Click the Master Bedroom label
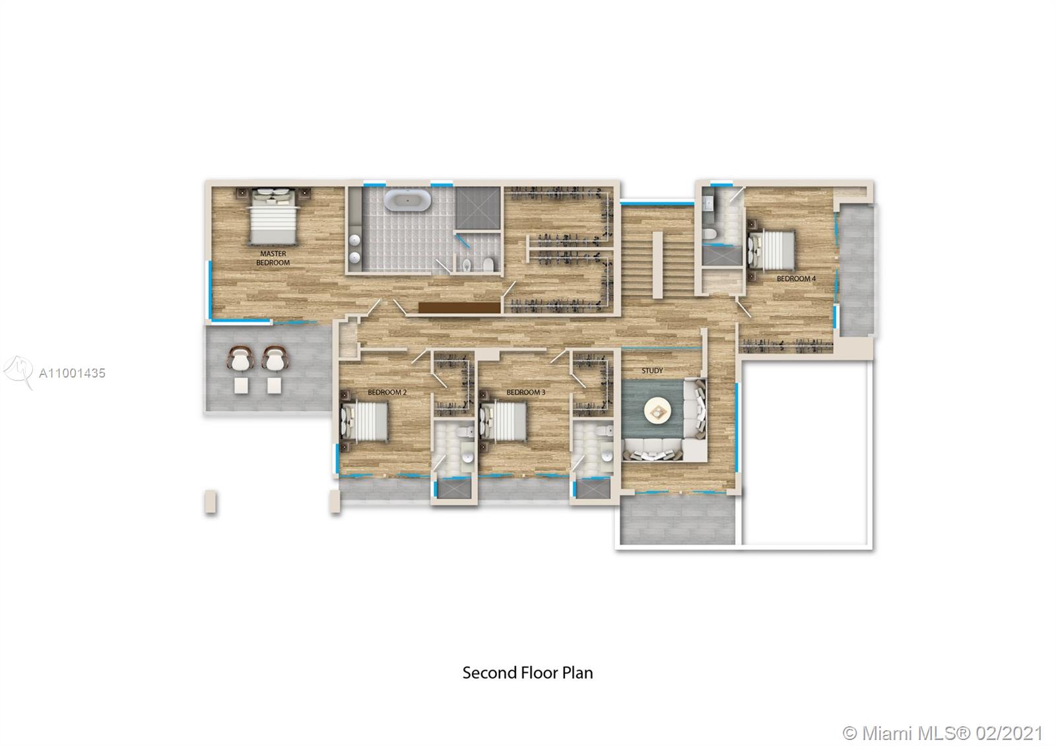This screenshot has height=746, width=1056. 273,258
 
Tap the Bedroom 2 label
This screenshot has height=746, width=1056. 387,393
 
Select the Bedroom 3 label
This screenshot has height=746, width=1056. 525,393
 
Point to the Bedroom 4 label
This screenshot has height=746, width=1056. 796,279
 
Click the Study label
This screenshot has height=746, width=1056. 652,371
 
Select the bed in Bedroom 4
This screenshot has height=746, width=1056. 770,251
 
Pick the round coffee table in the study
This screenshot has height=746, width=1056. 657,412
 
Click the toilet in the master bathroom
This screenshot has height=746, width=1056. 488,265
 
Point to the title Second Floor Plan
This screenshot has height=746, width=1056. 527,673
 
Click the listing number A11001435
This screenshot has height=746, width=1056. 72,373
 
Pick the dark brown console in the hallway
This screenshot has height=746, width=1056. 459,308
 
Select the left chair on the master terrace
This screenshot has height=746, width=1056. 240,359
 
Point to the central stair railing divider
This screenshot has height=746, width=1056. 657,264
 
